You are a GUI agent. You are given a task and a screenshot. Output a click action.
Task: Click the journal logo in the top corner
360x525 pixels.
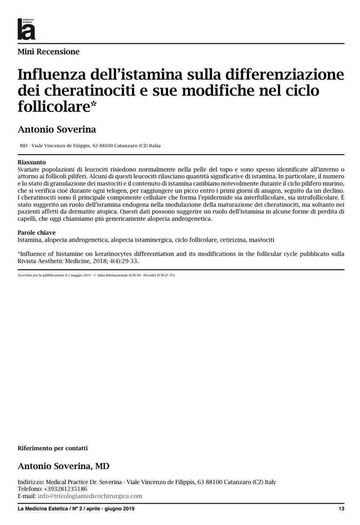(x=26, y=29)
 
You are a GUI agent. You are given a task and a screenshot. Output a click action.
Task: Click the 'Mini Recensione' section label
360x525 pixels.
(x=48, y=52)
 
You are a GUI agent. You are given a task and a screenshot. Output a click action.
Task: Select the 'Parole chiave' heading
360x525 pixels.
(x=36, y=232)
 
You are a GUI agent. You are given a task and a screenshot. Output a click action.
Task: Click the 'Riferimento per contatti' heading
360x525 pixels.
(x=53, y=448)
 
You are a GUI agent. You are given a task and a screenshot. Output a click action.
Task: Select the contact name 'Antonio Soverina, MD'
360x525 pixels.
(x=63, y=466)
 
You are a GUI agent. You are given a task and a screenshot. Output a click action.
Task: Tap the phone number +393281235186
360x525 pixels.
(x=66, y=489)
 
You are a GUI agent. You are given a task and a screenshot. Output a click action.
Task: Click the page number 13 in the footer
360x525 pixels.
(x=342, y=508)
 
